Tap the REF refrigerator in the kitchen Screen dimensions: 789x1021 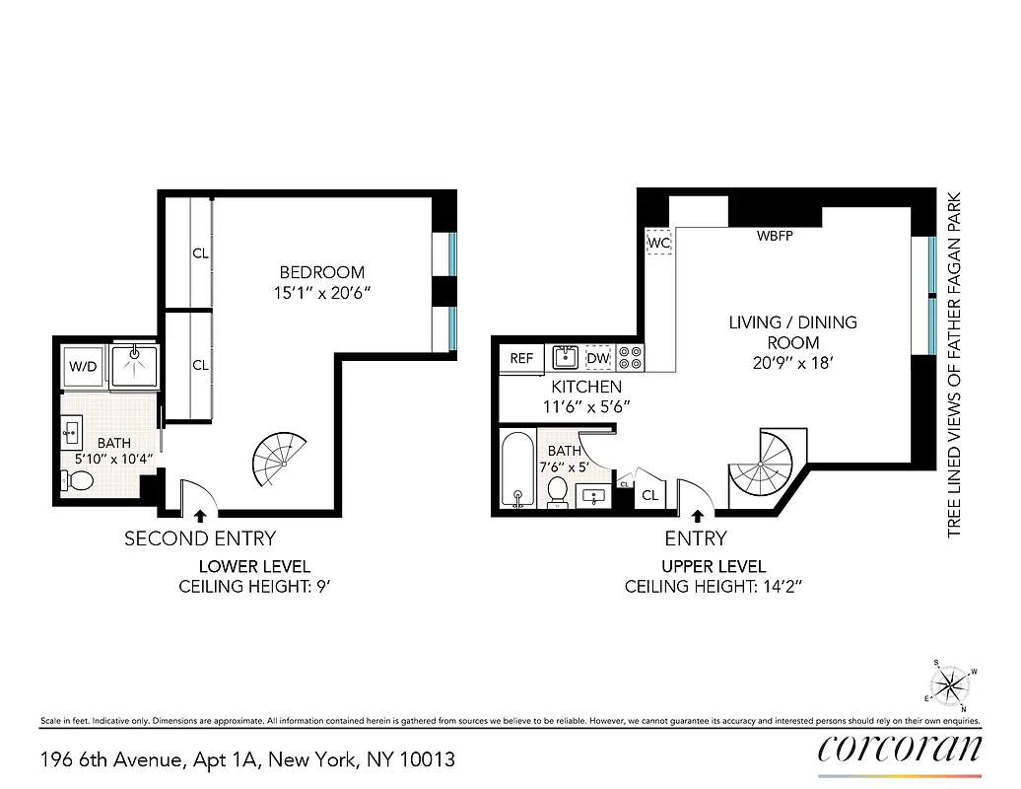521,358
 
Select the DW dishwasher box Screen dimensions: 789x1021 598,358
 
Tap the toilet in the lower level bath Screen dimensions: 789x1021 78,480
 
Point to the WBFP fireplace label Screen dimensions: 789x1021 775,237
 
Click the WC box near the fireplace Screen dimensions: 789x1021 658,241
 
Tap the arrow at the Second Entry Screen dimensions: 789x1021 201,514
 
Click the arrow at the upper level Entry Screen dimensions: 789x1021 697,514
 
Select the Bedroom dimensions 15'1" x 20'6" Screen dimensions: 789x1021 322,293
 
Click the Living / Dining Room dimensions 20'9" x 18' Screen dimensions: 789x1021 793,362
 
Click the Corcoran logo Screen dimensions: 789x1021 899,750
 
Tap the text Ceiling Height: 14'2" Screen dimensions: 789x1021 696,587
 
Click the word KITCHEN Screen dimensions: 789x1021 586,387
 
